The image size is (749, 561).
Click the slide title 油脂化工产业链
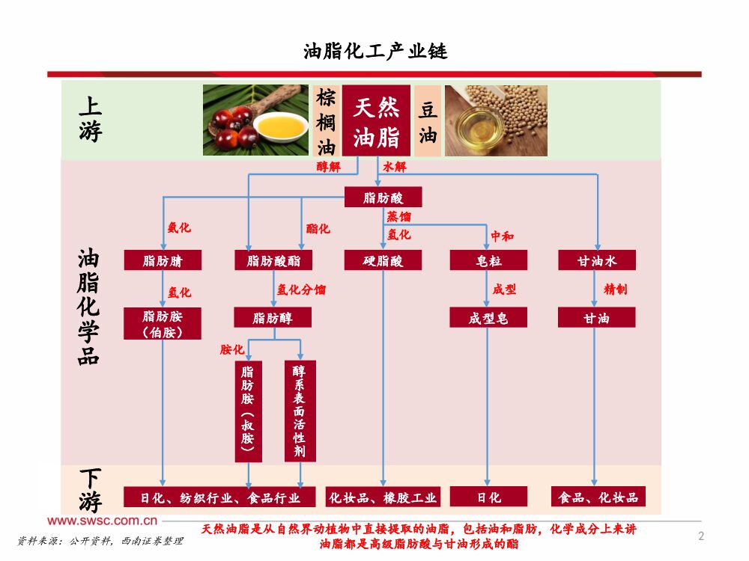(375, 52)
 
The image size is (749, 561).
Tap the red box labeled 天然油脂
(376, 120)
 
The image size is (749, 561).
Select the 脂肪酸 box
(383, 197)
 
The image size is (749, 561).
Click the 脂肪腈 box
(163, 260)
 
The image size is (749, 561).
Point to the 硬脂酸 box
(383, 260)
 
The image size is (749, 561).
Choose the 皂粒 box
(488, 260)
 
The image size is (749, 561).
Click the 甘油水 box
(597, 260)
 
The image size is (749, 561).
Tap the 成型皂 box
(488, 318)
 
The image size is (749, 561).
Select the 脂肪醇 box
(273, 318)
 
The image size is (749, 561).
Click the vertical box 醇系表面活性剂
(300, 411)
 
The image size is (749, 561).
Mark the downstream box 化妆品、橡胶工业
(383, 497)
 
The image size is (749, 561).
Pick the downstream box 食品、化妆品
(597, 497)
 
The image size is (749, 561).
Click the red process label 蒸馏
(398, 217)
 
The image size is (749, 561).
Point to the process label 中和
(502, 236)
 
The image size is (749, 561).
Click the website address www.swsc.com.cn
(103, 521)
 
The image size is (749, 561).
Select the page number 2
(701, 536)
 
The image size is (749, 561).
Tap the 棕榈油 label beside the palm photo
(325, 120)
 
